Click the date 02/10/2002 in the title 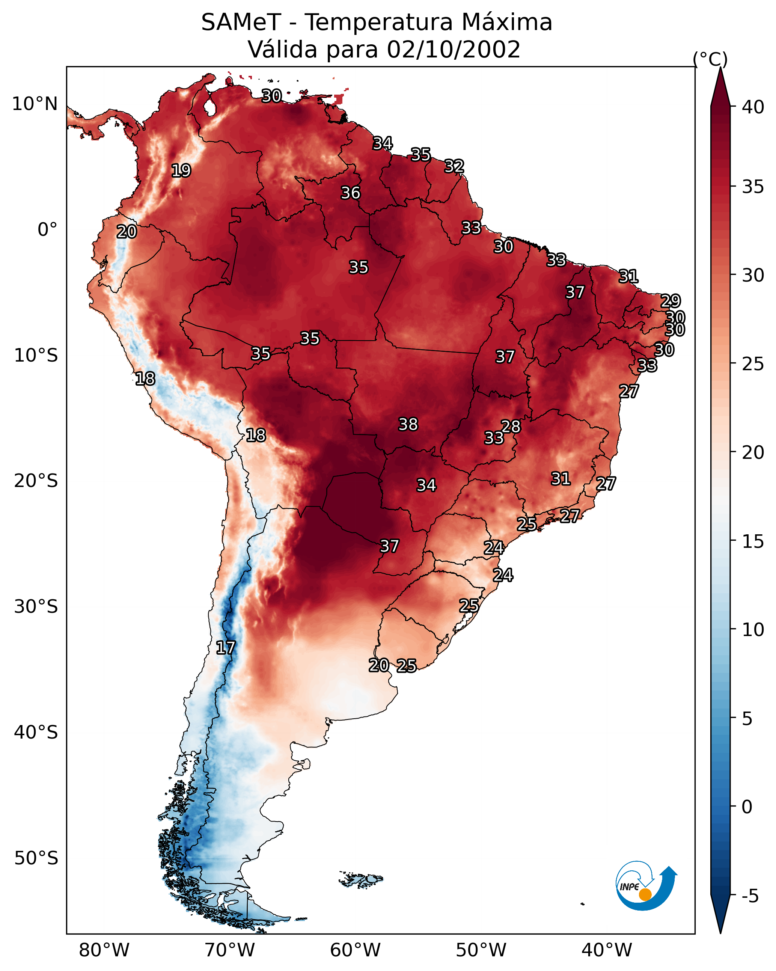click(x=454, y=49)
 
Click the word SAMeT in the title click(x=241, y=22)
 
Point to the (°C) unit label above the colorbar click(x=710, y=59)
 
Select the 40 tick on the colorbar click(x=753, y=107)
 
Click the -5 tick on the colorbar click(x=750, y=896)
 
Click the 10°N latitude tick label click(x=35, y=104)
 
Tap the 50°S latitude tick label click(x=36, y=858)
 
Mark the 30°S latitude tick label click(x=36, y=607)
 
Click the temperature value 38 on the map click(x=408, y=424)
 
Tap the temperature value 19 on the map click(x=181, y=171)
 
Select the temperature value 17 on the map click(x=225, y=648)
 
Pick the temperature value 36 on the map click(x=350, y=193)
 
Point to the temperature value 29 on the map click(x=670, y=301)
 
